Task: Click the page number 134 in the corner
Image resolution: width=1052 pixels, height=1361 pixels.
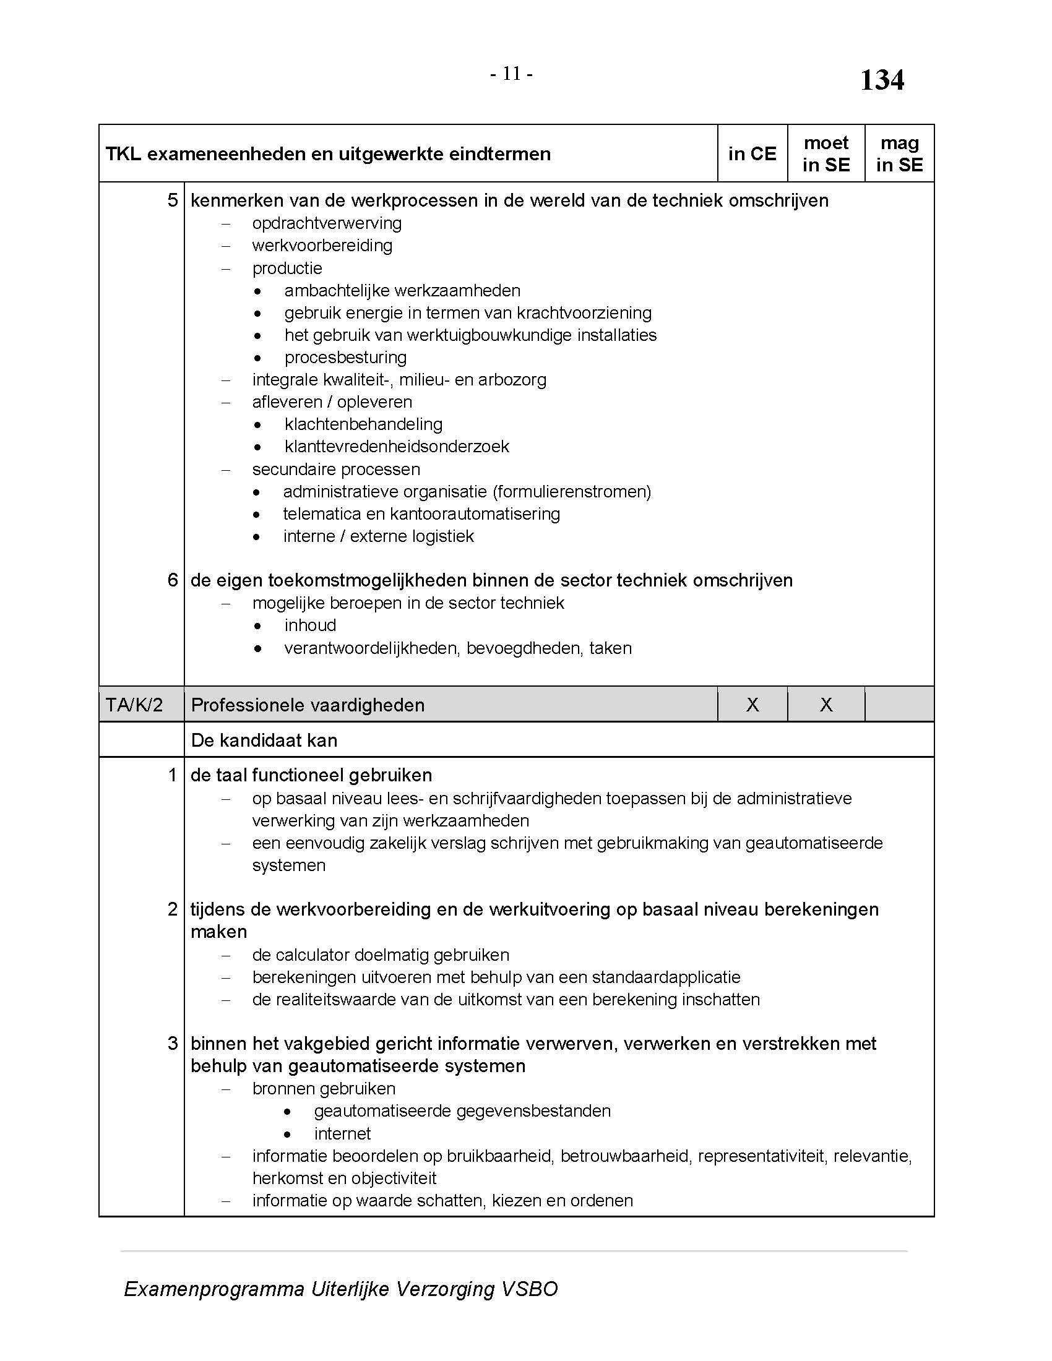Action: (881, 80)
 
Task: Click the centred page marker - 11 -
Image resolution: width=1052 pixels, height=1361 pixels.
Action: (511, 74)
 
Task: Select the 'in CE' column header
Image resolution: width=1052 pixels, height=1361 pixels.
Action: (752, 154)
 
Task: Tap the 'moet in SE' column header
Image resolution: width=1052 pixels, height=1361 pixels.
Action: (826, 154)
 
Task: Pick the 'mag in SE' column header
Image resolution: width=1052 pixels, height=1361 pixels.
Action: (899, 154)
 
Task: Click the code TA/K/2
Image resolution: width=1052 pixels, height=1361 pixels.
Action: (134, 705)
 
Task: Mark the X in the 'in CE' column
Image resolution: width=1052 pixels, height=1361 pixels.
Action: (752, 705)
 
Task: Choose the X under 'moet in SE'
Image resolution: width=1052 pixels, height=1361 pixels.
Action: (826, 705)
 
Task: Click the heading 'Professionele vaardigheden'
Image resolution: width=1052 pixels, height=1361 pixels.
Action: (308, 705)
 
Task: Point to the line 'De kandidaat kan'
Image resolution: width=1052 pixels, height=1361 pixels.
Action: (264, 741)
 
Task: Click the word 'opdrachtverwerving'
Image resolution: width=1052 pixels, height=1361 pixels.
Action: (327, 223)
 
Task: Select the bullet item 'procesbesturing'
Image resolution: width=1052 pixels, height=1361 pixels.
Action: (345, 358)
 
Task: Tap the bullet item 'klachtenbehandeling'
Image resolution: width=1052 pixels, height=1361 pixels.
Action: (363, 424)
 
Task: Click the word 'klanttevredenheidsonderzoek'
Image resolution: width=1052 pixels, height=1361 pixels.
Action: (397, 447)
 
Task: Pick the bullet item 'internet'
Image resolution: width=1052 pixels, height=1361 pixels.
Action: (342, 1133)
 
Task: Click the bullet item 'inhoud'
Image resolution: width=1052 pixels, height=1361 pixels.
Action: (310, 625)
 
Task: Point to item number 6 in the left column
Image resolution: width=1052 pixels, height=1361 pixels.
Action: (173, 580)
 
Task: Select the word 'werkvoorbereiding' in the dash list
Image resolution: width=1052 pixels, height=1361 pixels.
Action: (322, 246)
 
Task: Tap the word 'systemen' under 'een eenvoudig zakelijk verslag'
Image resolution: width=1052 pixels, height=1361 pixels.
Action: (288, 865)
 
